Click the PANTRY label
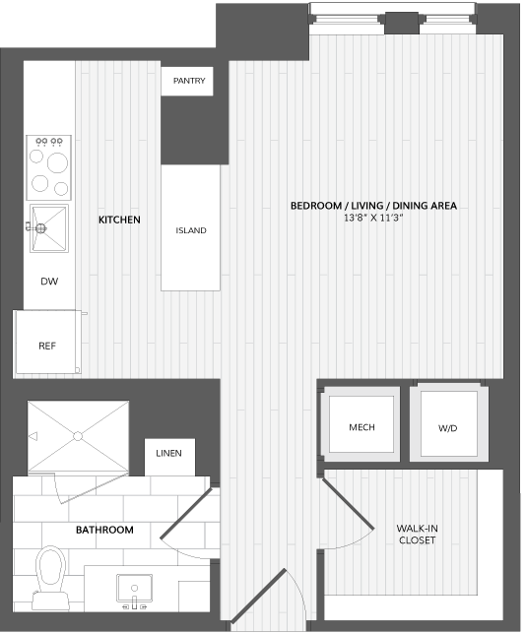pyautogui.click(x=189, y=81)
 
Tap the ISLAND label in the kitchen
pyautogui.click(x=191, y=230)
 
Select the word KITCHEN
pyautogui.click(x=119, y=220)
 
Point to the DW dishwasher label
pyautogui.click(x=49, y=282)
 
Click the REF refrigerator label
pyautogui.click(x=47, y=346)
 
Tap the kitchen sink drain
pyautogui.click(x=40, y=228)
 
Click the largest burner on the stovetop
pyautogui.click(x=57, y=162)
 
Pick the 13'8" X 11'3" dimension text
pyautogui.click(x=373, y=218)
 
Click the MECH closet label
pyautogui.click(x=362, y=427)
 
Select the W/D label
pyautogui.click(x=447, y=428)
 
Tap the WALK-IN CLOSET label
pyautogui.click(x=418, y=535)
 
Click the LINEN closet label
pyautogui.click(x=168, y=454)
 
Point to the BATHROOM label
pyautogui.click(x=104, y=530)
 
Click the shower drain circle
pyautogui.click(x=78, y=436)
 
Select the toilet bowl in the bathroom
pyautogui.click(x=51, y=567)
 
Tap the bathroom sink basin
pyautogui.click(x=135, y=588)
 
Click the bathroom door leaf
pyautogui.click(x=186, y=514)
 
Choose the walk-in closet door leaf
pyautogui.click(x=348, y=503)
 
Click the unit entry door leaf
pyautogui.click(x=258, y=597)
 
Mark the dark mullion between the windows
pyautogui.click(x=402, y=24)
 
